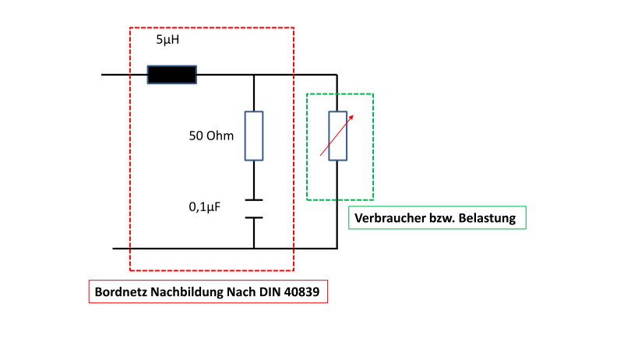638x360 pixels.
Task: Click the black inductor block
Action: click(x=171, y=75)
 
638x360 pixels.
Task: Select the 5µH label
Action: click(x=167, y=40)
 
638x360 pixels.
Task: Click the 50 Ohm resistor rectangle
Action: click(x=254, y=136)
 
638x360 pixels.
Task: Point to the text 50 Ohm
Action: click(x=211, y=136)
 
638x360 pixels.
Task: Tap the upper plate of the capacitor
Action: click(x=254, y=200)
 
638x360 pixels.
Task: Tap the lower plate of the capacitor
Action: click(x=254, y=218)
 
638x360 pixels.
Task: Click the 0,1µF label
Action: click(x=205, y=207)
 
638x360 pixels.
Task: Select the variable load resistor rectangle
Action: click(x=338, y=136)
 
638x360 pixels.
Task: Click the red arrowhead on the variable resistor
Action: click(x=351, y=118)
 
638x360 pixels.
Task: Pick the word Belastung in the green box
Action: click(x=487, y=218)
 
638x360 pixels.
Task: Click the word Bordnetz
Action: click(x=121, y=292)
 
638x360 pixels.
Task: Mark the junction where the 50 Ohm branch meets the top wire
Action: click(x=254, y=75)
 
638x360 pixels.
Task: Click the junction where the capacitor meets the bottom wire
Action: click(x=254, y=248)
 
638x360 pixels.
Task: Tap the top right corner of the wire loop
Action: click(x=337, y=75)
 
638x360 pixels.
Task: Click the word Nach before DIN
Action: click(x=241, y=292)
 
